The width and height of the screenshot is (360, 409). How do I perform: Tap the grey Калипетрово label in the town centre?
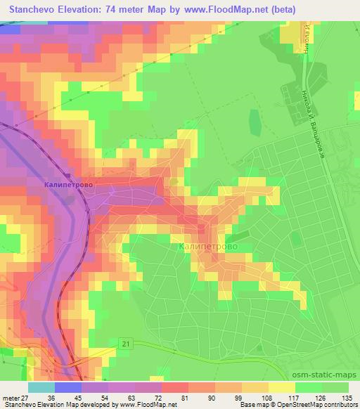[x=208, y=247]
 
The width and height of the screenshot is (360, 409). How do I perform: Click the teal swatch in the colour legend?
[x=41, y=387]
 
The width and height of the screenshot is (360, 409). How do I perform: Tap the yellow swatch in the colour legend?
[x=283, y=387]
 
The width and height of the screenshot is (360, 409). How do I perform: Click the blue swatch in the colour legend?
[x=68, y=387]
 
